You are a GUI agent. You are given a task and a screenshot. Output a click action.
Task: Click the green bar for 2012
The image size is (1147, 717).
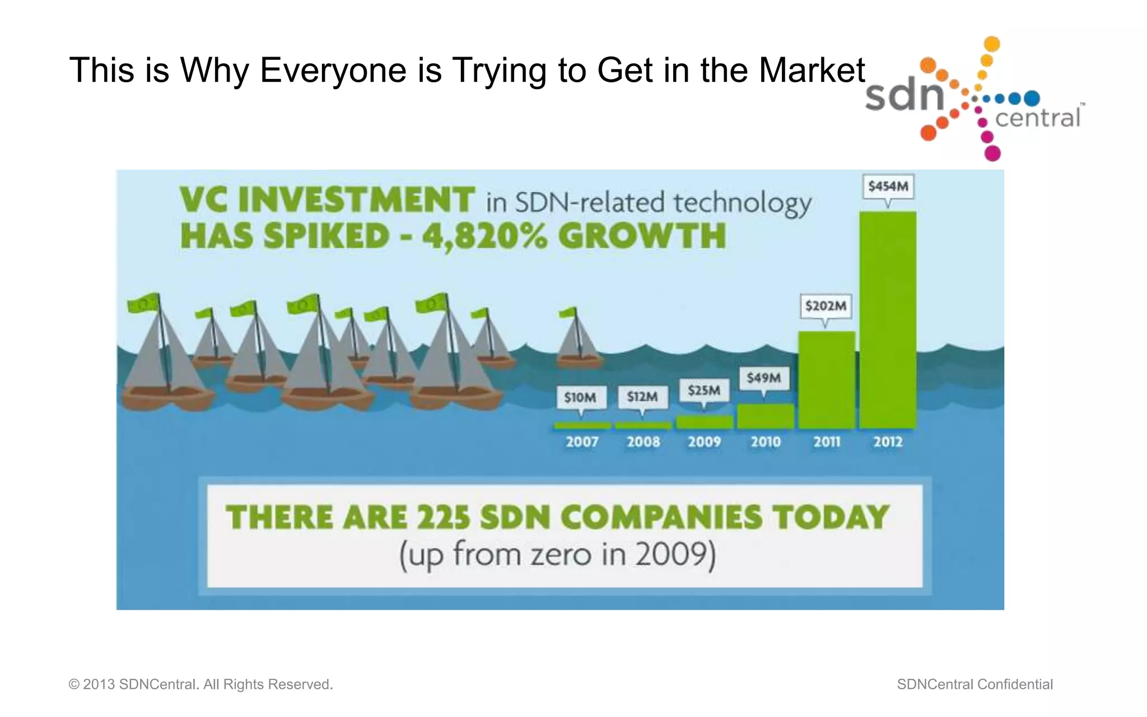click(888, 319)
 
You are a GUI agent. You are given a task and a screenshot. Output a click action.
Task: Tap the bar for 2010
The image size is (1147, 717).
click(765, 416)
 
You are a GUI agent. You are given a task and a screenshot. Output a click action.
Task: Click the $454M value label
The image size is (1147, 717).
click(888, 187)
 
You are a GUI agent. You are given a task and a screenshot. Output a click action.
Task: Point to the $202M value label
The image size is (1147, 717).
click(826, 306)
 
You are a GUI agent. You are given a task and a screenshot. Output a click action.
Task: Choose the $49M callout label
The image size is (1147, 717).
click(764, 378)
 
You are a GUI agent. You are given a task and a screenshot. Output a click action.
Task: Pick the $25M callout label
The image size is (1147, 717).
click(704, 390)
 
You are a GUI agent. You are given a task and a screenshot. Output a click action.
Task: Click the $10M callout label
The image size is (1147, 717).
click(580, 398)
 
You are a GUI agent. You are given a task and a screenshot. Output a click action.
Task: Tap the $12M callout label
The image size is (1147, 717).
click(642, 397)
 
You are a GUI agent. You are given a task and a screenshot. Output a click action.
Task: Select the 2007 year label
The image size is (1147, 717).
click(582, 442)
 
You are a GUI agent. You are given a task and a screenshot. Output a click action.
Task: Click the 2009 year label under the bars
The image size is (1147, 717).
click(704, 442)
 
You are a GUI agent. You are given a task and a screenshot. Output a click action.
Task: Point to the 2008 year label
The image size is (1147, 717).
click(643, 442)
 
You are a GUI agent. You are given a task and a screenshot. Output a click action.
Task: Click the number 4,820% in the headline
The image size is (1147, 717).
click(485, 236)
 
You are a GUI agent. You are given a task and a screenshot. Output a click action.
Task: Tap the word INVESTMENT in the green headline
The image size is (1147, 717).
click(357, 200)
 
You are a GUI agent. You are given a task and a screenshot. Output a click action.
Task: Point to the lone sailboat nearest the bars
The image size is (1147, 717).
click(579, 341)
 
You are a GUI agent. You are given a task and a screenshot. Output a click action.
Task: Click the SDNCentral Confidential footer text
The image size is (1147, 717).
click(975, 685)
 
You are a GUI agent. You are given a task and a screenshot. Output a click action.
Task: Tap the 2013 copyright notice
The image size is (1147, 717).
click(201, 685)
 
